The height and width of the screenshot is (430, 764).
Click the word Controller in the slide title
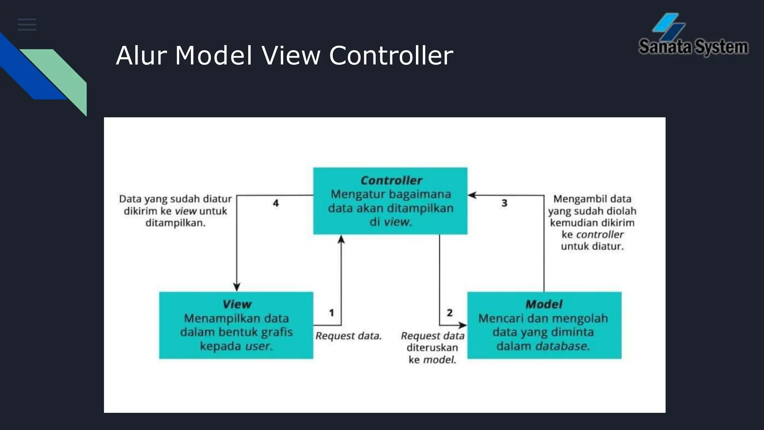(x=391, y=56)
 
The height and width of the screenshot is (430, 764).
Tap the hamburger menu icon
(x=27, y=25)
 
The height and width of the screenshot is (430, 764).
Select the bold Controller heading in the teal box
(x=391, y=181)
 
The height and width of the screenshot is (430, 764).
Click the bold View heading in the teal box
(x=237, y=304)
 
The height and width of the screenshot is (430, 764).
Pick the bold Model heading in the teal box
(x=544, y=304)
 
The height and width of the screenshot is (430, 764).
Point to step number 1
(x=331, y=313)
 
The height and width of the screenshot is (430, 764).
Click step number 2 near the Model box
(x=450, y=313)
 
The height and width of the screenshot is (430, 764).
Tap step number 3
(x=504, y=203)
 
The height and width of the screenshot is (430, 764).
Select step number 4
(x=276, y=203)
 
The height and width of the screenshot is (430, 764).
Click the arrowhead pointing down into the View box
(x=237, y=287)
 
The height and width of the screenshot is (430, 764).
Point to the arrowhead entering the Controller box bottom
(x=341, y=240)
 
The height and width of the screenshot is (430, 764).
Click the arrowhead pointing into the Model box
(x=462, y=325)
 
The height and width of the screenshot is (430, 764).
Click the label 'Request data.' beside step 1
(x=348, y=336)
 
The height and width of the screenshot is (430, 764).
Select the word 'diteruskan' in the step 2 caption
(x=432, y=348)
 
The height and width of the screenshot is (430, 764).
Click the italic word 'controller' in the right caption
(x=599, y=234)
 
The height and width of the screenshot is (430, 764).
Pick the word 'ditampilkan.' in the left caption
(x=175, y=223)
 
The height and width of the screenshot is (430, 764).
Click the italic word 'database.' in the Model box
(x=563, y=346)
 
